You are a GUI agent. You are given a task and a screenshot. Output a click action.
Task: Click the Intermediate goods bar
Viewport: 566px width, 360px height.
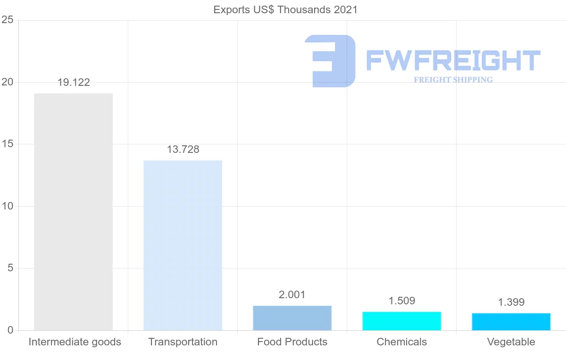73,212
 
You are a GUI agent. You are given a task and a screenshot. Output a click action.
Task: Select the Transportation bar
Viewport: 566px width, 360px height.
183,245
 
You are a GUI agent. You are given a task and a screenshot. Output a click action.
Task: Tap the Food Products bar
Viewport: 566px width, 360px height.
292,318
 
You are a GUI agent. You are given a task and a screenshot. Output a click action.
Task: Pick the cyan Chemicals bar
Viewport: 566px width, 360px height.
401,321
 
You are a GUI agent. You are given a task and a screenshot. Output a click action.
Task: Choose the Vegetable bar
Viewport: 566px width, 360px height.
511,322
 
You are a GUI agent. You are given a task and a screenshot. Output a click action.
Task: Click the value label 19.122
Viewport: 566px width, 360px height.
74,83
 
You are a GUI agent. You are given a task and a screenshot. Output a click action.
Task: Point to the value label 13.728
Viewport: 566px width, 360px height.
183,150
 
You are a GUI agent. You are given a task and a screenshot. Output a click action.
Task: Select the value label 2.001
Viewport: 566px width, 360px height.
292,295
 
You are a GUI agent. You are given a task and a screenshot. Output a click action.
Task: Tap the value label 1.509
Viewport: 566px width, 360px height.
402,301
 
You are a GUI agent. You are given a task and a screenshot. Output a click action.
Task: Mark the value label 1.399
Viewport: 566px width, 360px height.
511,302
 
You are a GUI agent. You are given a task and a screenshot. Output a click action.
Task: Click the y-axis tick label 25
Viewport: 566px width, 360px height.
7,20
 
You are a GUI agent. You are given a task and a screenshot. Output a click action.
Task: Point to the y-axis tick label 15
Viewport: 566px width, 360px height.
7,144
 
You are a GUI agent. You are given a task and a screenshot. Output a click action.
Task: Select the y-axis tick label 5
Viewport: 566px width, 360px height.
9,268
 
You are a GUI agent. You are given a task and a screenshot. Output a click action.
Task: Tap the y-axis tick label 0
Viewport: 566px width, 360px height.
9,330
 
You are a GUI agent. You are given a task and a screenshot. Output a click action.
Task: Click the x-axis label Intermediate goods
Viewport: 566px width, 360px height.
75,342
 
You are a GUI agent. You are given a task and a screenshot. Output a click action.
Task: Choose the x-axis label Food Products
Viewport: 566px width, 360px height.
292,342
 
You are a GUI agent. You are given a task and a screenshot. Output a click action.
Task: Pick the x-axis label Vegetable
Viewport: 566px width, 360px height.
511,342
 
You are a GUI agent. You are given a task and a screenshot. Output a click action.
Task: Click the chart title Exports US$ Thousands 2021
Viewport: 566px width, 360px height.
285,9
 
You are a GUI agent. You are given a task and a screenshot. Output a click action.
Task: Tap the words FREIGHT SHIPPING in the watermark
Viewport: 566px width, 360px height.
453,80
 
